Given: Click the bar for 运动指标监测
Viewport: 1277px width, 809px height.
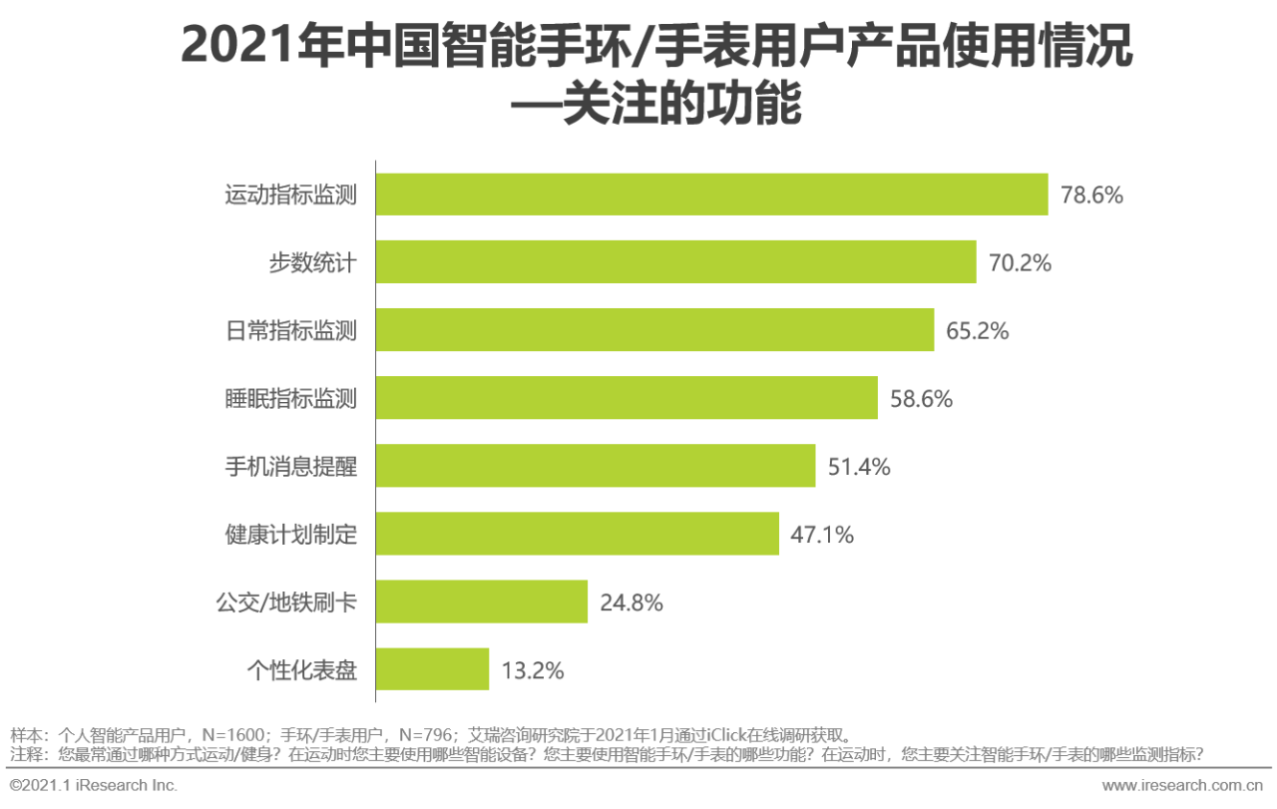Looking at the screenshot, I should coord(711,195).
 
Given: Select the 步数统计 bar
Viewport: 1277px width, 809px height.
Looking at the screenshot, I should coord(675,262).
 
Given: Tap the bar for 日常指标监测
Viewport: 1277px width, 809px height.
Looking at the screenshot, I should coord(654,330).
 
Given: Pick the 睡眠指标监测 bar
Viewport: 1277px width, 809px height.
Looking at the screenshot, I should coord(627,398).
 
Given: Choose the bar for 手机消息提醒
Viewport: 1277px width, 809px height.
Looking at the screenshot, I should coord(596,466).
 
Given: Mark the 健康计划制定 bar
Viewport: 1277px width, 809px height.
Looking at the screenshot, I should coord(577,534).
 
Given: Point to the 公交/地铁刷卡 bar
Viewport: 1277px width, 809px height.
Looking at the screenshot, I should coord(482,602).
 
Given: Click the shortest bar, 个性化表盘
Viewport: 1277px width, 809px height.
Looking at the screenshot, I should coord(432,669).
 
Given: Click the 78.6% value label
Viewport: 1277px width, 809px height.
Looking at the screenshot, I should coord(1091,196).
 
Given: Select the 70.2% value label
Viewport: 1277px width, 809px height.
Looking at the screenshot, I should coord(1020,263).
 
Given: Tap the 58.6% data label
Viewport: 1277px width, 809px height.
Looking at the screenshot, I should coord(921,399).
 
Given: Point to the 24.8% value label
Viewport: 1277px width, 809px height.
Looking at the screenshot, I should coord(632,603).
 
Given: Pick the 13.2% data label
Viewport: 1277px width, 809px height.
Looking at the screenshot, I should coord(533,670).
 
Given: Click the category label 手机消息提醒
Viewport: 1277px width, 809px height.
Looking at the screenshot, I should coord(290,466).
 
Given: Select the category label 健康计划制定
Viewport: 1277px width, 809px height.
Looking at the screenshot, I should coord(290,534).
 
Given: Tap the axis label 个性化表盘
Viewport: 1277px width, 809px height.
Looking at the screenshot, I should coord(301,669).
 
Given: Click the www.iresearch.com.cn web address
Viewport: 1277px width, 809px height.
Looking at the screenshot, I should coord(1182,785).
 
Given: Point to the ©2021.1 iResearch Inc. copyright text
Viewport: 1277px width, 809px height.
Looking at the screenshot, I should coord(94,785).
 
